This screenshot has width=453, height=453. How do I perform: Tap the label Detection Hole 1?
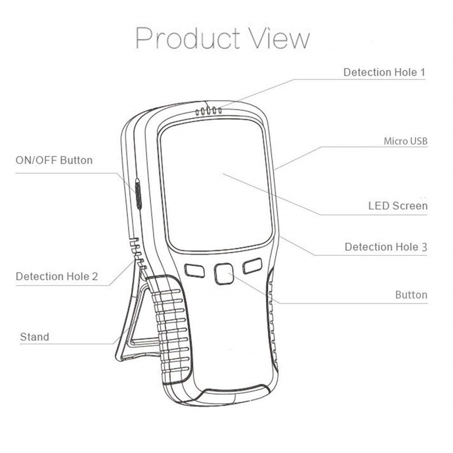tap(384, 72)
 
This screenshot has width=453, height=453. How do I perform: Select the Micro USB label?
tap(405, 141)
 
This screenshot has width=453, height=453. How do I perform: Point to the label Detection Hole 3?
tap(386, 247)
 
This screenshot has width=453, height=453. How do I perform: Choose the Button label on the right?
tap(411, 295)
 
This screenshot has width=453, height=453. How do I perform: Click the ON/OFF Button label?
tap(54, 160)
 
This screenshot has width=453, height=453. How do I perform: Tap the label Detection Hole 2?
tap(57, 276)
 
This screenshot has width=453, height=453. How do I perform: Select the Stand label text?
tap(34, 337)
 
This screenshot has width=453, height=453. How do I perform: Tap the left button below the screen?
tap(195, 271)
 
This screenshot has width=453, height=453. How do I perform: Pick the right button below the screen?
tap(252, 266)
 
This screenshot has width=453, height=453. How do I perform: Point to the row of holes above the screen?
tap(208, 111)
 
